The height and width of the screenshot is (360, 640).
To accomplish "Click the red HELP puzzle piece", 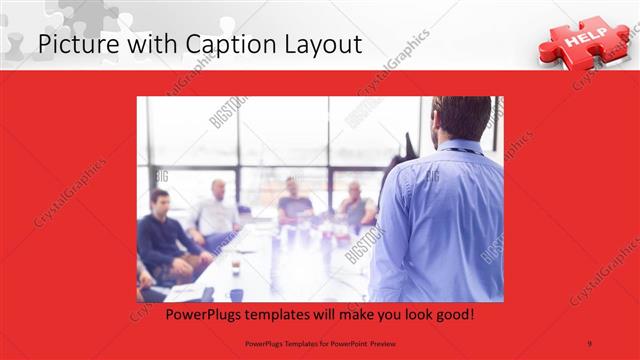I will [x=581, y=40].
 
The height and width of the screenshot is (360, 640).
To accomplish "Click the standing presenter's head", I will [x=462, y=118].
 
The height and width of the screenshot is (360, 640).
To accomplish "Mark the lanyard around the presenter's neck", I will [x=459, y=151].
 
